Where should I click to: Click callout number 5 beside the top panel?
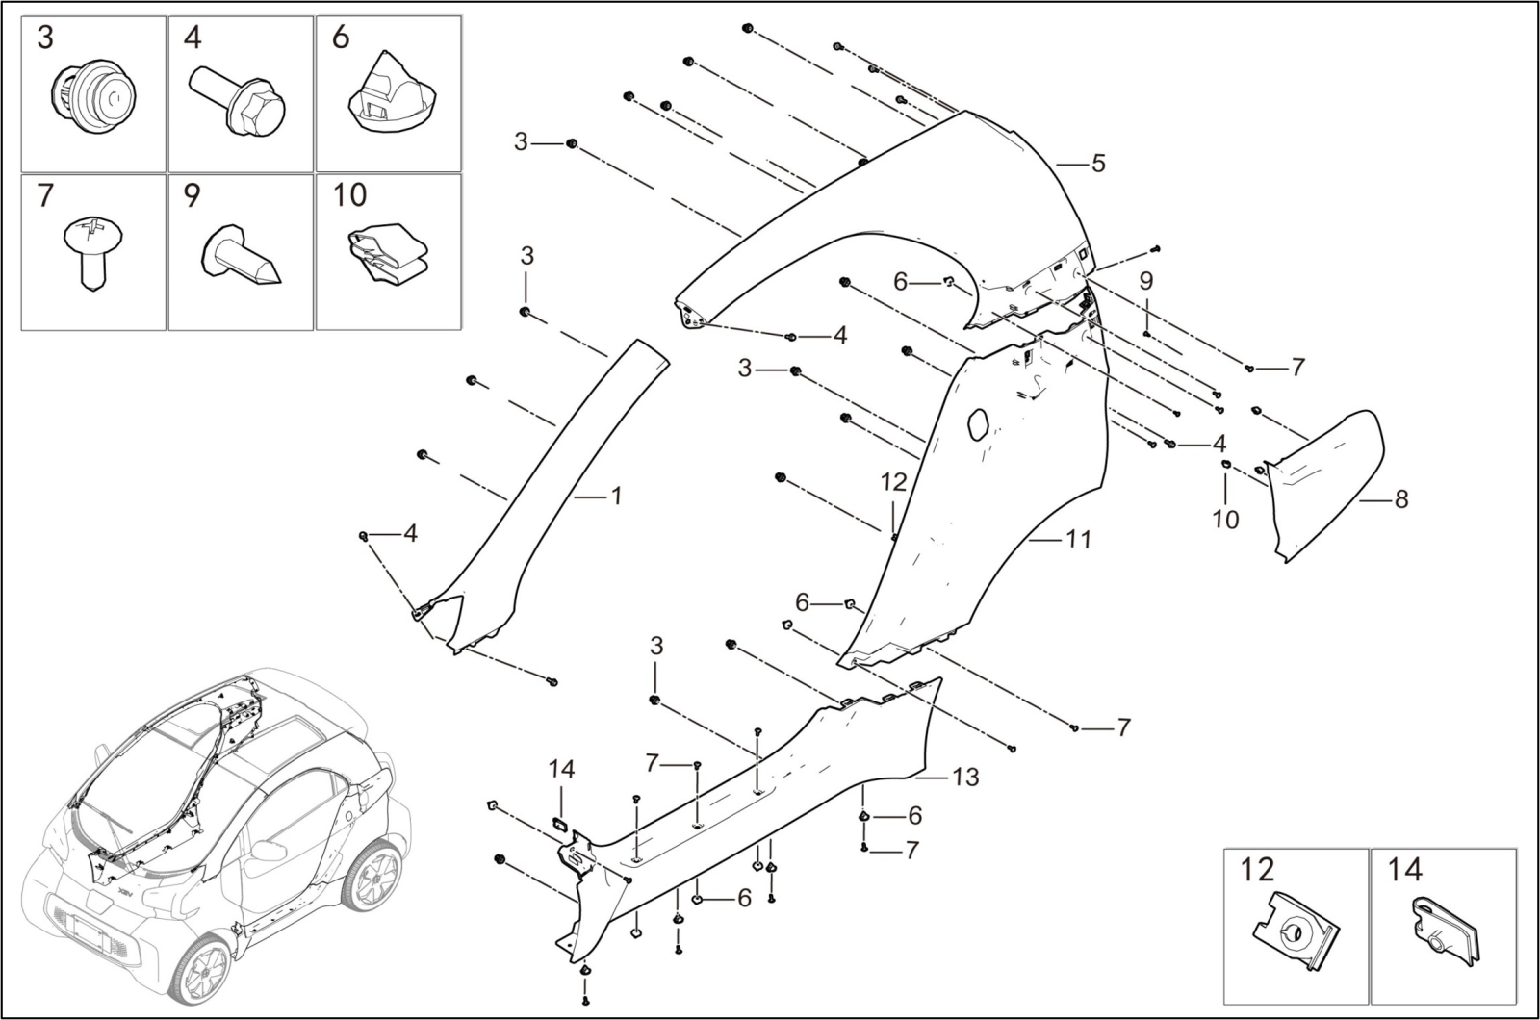tap(1097, 164)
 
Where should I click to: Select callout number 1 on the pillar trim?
tap(616, 497)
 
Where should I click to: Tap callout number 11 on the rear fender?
tap(1079, 540)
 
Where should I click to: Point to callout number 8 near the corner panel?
tap(1400, 499)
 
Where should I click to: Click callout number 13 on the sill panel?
tap(965, 776)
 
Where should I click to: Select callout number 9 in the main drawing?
tap(1145, 281)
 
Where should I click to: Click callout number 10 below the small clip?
tap(1225, 520)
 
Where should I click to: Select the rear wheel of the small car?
tap(372, 878)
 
